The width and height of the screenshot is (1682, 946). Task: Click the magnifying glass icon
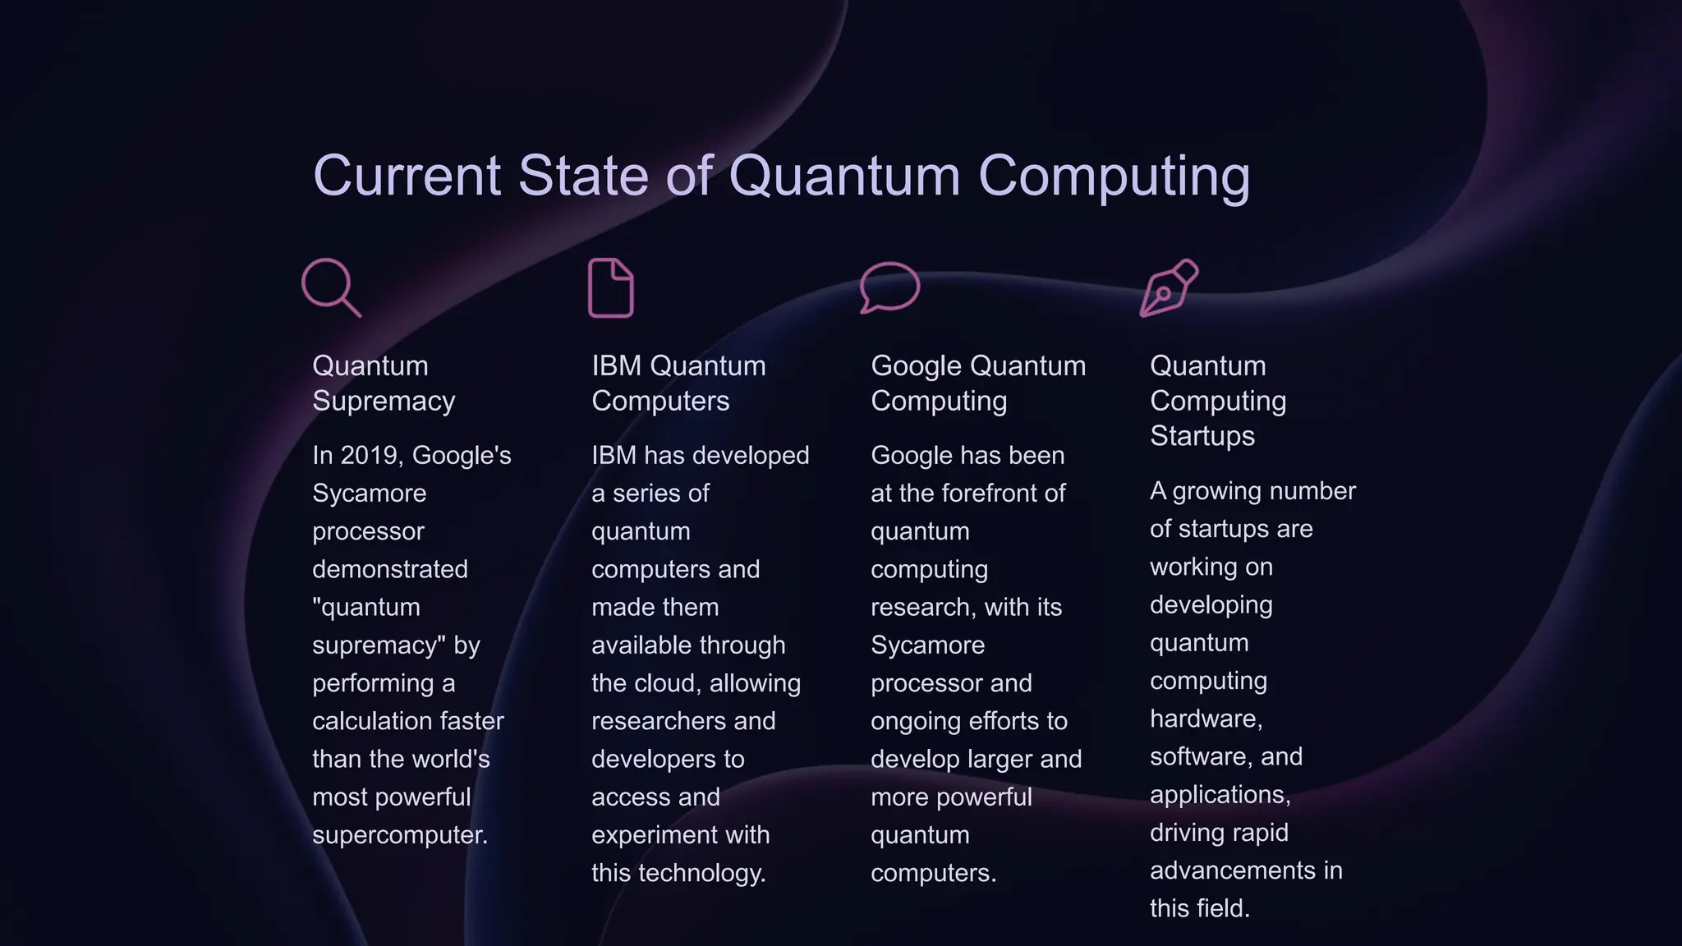point(330,287)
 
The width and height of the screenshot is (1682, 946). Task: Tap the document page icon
point(611,288)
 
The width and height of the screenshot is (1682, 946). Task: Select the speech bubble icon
point(889,287)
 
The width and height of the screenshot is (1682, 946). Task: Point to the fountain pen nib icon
point(1169,287)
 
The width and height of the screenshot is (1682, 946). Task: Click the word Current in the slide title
point(407,176)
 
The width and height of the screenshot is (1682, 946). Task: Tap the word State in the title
point(583,176)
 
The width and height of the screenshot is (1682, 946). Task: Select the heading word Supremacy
point(384,401)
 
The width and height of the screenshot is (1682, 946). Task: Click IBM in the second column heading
point(616,365)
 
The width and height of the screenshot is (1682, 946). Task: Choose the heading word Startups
point(1202,435)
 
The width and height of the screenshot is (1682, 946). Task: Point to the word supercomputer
point(399,835)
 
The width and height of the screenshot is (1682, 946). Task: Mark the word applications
point(1219,795)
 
